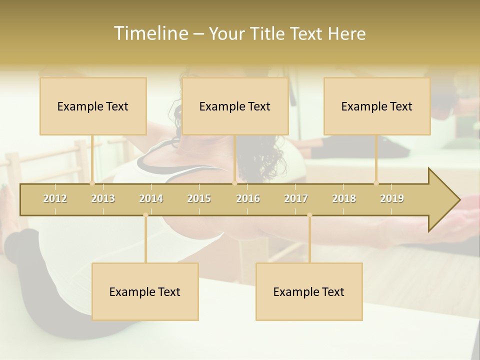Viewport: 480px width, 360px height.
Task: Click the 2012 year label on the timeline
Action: [x=55, y=198]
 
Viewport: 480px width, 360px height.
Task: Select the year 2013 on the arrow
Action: [x=103, y=198]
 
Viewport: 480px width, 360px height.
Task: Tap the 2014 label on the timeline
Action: [x=151, y=198]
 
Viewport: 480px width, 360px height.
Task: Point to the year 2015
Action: [x=199, y=198]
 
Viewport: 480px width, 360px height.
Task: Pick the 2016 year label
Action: [x=248, y=198]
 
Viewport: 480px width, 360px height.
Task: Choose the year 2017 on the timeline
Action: [x=296, y=198]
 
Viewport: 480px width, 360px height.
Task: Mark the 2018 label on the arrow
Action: [x=344, y=198]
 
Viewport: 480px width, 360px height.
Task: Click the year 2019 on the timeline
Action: [x=392, y=198]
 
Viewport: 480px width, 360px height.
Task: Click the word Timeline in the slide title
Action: [x=150, y=33]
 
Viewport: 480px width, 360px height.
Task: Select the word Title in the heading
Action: [x=268, y=33]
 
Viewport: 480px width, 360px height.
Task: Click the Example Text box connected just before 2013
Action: [x=93, y=106]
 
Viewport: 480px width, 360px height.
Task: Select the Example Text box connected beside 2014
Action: [x=145, y=291]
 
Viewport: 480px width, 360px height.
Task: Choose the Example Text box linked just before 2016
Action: [x=235, y=106]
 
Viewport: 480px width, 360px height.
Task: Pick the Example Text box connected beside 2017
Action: [x=309, y=291]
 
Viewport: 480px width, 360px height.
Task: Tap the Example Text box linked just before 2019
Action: [x=377, y=106]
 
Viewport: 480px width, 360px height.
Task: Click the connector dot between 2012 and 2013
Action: [x=92, y=183]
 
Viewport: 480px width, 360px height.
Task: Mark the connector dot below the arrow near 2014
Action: [x=145, y=215]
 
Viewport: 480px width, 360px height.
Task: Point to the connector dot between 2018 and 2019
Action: [x=376, y=183]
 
